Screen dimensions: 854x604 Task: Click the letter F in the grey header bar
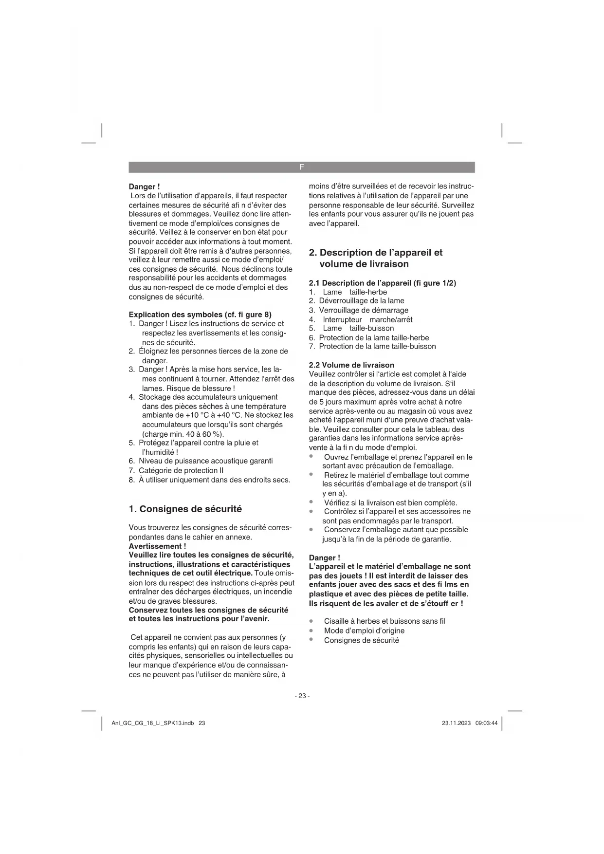click(x=301, y=167)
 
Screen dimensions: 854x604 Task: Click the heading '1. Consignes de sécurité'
click(x=185, y=509)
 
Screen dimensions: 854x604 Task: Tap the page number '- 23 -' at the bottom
click(x=302, y=696)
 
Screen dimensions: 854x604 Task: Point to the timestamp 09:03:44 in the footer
click(x=487, y=723)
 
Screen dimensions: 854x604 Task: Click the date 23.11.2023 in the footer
click(x=456, y=723)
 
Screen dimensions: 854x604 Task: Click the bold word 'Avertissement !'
click(x=157, y=546)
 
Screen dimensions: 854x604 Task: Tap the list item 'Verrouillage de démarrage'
click(x=364, y=310)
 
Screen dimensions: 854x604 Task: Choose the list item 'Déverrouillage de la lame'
click(x=362, y=301)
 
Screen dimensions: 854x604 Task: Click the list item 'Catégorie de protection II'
click(x=181, y=470)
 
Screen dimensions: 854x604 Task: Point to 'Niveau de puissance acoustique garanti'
click(x=205, y=461)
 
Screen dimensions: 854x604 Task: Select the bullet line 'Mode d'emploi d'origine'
click(x=364, y=631)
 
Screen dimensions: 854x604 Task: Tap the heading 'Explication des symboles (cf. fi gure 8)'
click(x=200, y=315)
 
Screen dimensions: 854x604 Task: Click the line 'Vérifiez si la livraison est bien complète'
click(x=390, y=502)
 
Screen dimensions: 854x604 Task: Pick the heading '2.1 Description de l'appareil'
click(x=383, y=283)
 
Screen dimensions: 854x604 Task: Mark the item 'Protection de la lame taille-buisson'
click(x=377, y=346)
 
